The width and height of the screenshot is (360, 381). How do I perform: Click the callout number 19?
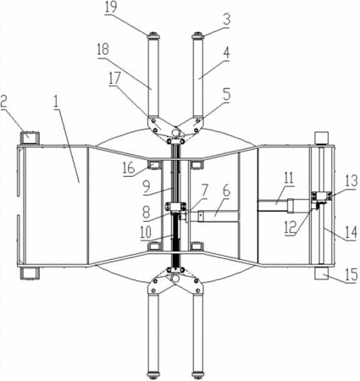[110, 8]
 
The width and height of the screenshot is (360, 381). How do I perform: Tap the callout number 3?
[226, 19]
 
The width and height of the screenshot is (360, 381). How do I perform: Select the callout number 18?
[102, 49]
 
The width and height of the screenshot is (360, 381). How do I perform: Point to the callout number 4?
[226, 52]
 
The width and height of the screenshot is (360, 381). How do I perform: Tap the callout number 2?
[3, 102]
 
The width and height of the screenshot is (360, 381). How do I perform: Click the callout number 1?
[56, 102]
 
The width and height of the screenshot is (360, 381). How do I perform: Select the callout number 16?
[129, 168]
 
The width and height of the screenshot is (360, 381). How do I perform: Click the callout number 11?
[288, 179]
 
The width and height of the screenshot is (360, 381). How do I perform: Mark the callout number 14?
[352, 233]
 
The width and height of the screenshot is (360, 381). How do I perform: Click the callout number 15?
[352, 275]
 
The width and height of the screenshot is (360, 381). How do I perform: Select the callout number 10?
[147, 232]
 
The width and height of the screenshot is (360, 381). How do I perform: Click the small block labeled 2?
[30, 137]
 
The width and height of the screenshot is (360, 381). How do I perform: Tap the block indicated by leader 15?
[322, 273]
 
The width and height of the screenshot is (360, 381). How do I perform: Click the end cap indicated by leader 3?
[197, 36]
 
